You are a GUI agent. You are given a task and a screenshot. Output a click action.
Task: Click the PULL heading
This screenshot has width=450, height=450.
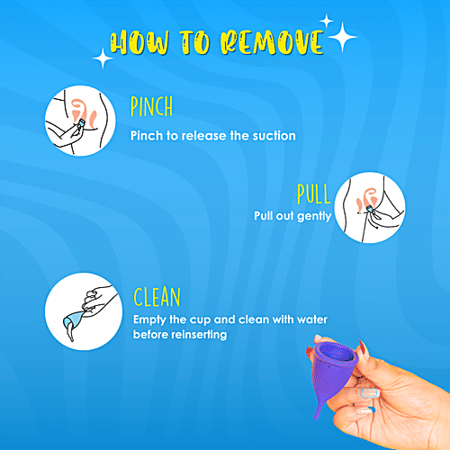tap(314, 194)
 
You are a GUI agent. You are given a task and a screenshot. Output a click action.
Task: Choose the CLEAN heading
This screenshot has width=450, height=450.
tap(158, 297)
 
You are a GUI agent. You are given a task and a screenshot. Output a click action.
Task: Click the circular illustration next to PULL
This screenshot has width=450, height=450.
tap(369, 207)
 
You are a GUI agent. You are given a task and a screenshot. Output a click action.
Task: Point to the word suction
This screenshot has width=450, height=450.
tap(271, 136)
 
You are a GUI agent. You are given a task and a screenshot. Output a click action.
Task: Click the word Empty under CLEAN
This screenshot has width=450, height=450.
tap(149, 319)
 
